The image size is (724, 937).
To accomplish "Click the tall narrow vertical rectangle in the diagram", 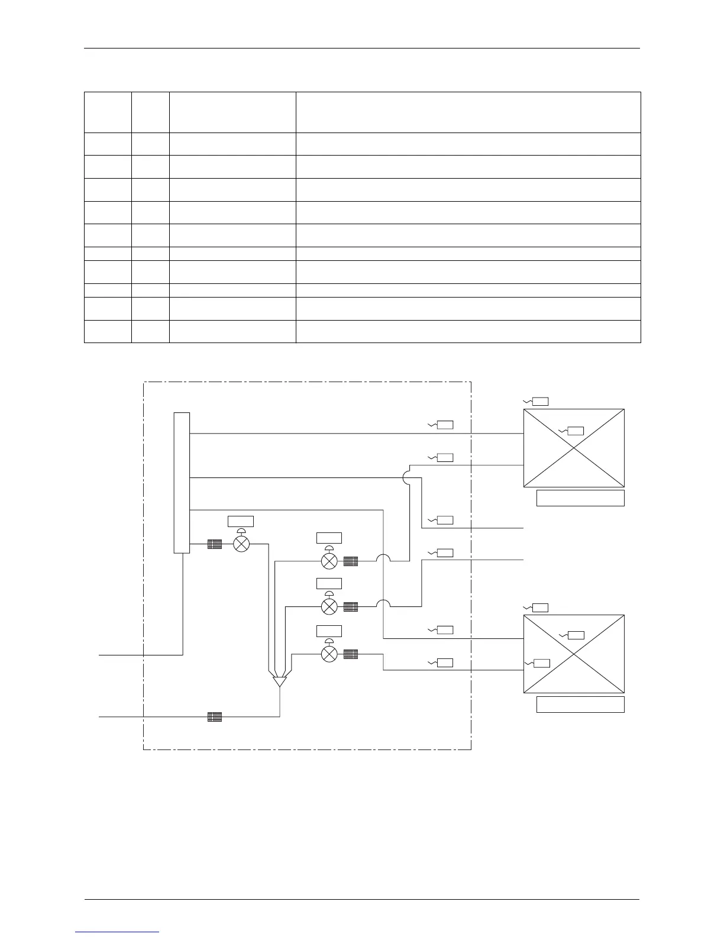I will click(x=182, y=482).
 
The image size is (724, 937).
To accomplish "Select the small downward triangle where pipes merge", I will click(x=279, y=681).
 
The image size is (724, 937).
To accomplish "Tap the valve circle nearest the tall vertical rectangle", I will click(x=241, y=544).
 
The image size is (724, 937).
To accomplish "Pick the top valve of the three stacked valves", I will click(x=329, y=561).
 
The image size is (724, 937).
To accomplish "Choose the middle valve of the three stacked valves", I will click(x=329, y=606).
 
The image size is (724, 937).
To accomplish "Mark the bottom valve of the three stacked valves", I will click(x=329, y=654).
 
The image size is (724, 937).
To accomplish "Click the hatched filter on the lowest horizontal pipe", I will click(x=215, y=717).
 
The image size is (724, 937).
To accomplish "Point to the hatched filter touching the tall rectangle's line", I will click(x=214, y=544).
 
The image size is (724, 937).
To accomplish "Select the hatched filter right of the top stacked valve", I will click(x=351, y=561).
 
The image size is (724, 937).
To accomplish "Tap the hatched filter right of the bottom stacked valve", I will click(x=351, y=654).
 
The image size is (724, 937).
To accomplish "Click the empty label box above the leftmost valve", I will click(x=241, y=521).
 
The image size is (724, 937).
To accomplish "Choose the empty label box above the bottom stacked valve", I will click(x=329, y=631).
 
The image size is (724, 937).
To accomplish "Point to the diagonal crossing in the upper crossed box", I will click(x=574, y=448).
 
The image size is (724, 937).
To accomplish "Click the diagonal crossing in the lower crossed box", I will click(x=574, y=654).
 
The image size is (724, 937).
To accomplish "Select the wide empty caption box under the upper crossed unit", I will click(x=580, y=498).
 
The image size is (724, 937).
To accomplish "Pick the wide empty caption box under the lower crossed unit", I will click(x=580, y=705).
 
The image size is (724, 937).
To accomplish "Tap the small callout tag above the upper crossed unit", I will click(x=540, y=402).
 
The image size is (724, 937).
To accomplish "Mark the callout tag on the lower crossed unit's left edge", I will click(x=542, y=663).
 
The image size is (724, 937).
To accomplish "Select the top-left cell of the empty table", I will click(x=108, y=112).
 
